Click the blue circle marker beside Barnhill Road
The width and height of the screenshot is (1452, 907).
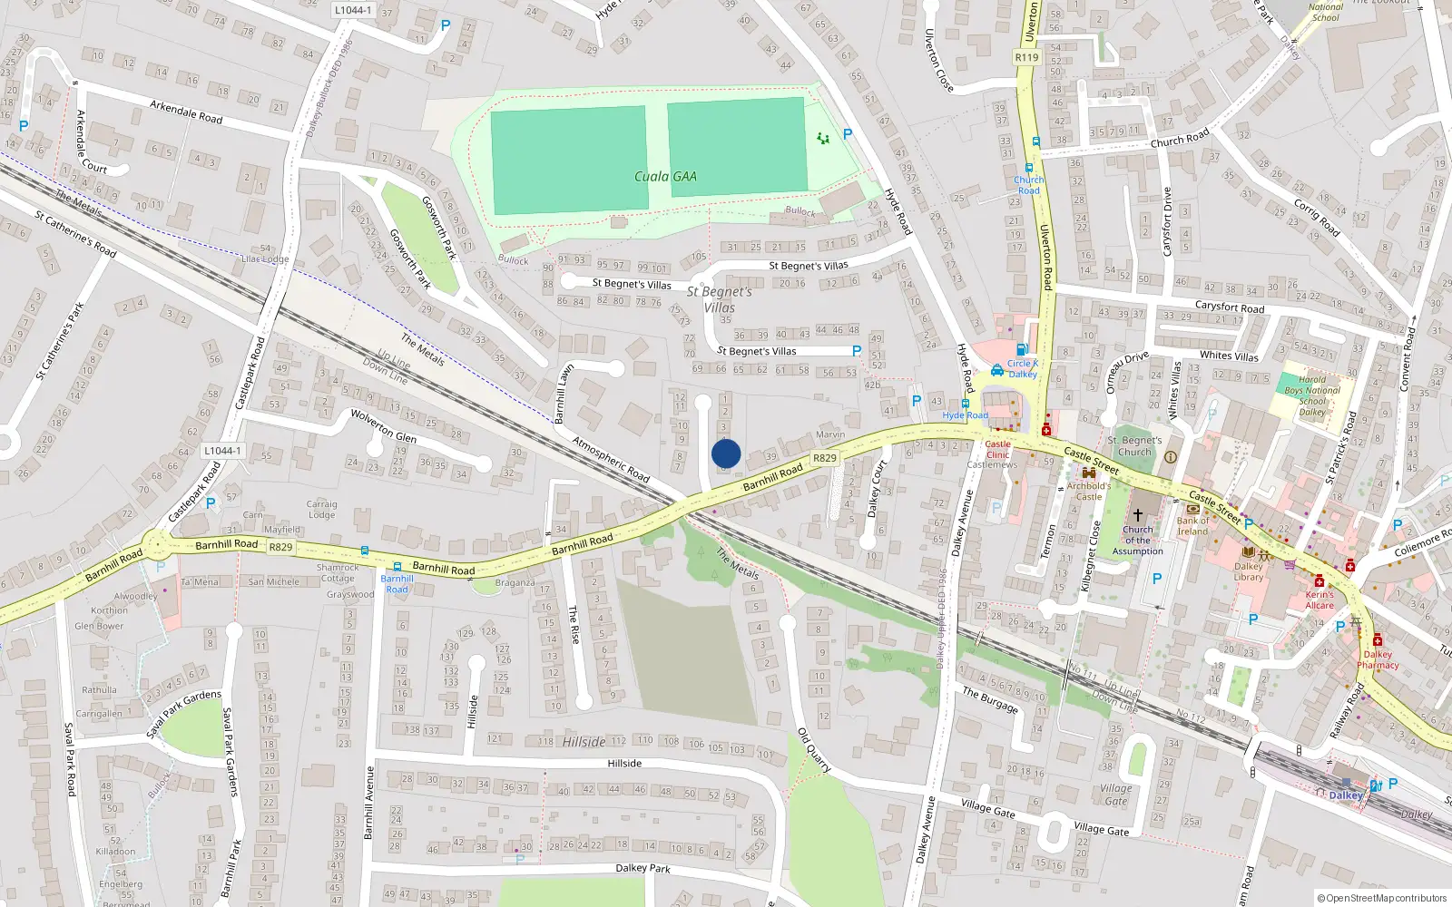[x=726, y=453]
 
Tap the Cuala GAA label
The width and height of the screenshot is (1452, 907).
[x=665, y=177]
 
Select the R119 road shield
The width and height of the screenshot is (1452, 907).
[x=1026, y=57]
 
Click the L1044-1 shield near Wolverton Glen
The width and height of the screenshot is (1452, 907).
[x=222, y=451]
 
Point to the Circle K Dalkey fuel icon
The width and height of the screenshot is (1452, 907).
[x=1022, y=349]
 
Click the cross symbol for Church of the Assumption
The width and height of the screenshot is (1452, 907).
[x=1137, y=515]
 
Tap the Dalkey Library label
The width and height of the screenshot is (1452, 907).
[x=1248, y=571]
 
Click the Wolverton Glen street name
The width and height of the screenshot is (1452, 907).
[x=384, y=424]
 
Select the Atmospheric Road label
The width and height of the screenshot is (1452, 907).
[x=611, y=460]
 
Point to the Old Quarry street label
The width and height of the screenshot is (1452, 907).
[x=813, y=749]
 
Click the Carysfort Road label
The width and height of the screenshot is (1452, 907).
[x=1230, y=307]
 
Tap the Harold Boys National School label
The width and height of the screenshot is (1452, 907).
[x=1312, y=395]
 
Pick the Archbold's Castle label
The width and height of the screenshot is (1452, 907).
[x=1089, y=491]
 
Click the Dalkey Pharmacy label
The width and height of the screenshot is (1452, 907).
[x=1378, y=659]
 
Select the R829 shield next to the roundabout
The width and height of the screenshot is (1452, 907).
[x=280, y=547]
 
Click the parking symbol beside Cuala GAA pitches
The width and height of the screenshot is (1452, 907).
[x=848, y=134]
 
